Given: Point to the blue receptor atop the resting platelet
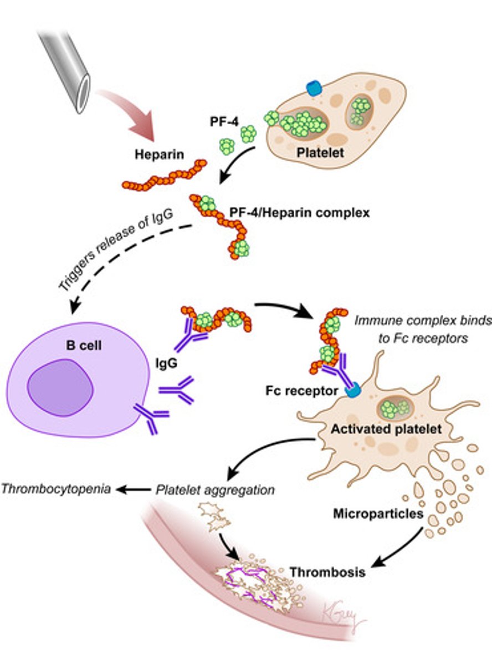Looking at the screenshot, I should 314,87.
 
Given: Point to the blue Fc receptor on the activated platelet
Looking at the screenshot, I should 352,391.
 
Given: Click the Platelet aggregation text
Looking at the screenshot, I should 216,490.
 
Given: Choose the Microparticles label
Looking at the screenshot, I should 378,514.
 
